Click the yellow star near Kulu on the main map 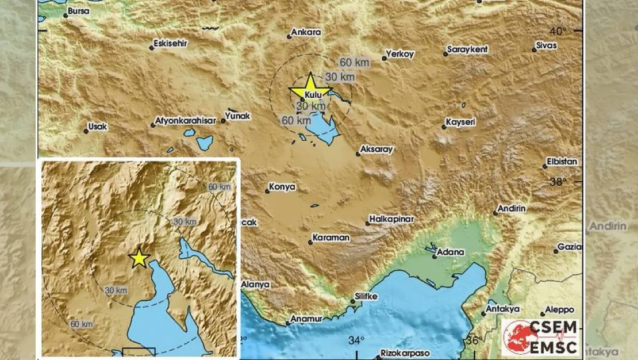(310, 87)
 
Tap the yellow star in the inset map (139, 258)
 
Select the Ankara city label (306, 33)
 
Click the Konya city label (284, 187)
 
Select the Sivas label (546, 45)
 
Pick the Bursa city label (78, 11)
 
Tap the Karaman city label (331, 237)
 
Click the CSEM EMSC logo (540, 337)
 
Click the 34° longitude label (356, 340)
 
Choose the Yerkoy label (401, 54)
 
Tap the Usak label (97, 127)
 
